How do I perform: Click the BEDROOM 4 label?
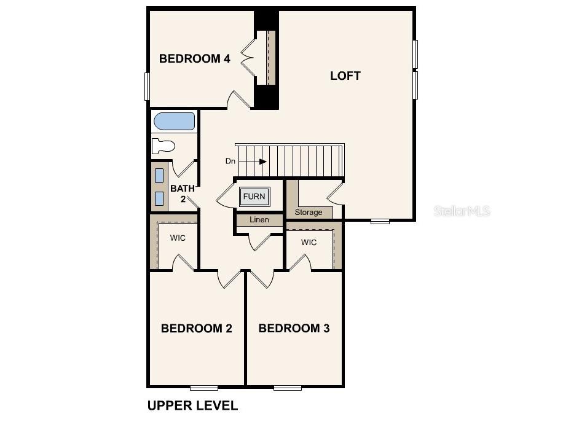point(194,59)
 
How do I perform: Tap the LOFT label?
point(345,76)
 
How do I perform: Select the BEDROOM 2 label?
point(196,329)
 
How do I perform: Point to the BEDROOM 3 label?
point(294,329)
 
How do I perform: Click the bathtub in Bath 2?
point(174,121)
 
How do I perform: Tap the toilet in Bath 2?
point(163,146)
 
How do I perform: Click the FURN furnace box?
point(254,197)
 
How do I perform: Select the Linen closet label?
point(259,219)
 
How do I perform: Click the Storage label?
point(308,213)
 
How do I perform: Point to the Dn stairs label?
point(230,162)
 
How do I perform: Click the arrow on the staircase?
point(258,162)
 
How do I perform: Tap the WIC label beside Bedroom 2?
point(178,238)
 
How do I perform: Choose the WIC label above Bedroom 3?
point(309,243)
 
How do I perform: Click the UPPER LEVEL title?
point(192,405)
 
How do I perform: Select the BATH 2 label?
point(183,193)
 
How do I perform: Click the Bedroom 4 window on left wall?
point(148,86)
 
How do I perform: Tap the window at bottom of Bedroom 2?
point(203,387)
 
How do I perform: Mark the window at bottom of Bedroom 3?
point(287,387)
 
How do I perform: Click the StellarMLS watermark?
point(462,211)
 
